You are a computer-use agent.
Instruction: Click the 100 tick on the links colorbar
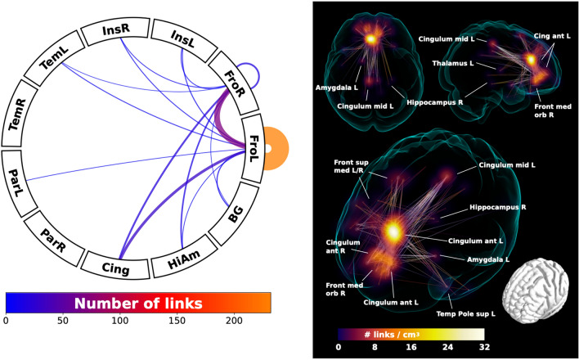coord(121,322)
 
